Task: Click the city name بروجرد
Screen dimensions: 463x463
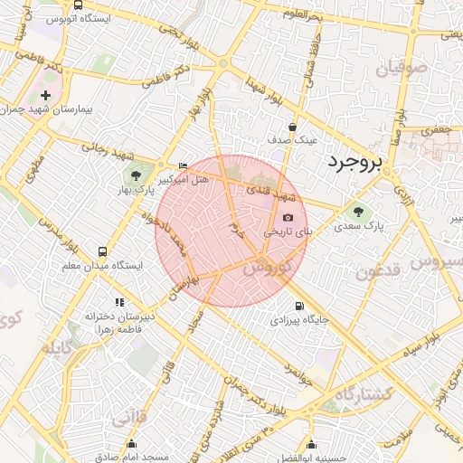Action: coord(354,162)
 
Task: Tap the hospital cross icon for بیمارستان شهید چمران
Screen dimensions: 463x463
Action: coord(46,94)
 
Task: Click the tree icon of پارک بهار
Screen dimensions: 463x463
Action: coord(136,175)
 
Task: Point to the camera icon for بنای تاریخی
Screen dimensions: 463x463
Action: coord(288,217)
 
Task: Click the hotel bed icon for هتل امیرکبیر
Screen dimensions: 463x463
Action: coord(184,165)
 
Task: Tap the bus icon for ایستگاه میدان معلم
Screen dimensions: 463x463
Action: coord(101,251)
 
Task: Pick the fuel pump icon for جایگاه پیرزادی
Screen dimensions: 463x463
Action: coord(299,306)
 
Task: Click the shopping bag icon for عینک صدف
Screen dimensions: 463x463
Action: coord(292,127)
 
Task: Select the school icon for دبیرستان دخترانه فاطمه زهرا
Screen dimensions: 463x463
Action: coord(118,302)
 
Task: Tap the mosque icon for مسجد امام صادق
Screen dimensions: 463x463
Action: coord(132,443)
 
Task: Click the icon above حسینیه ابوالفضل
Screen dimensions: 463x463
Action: coord(311,444)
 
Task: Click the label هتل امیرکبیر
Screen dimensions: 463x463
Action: coord(184,180)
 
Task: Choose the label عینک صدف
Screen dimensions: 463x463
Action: coord(293,141)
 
